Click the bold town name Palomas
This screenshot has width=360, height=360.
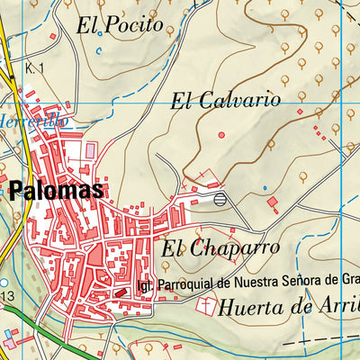click(58, 191)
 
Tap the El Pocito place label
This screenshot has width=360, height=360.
click(120, 26)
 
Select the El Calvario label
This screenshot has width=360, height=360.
click(226, 100)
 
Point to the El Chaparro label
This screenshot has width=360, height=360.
click(217, 246)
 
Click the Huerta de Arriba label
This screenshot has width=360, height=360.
click(289, 306)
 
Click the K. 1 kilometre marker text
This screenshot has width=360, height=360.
click(35, 68)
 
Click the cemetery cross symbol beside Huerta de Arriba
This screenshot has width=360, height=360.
click(206, 307)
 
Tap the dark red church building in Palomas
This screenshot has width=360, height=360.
click(121, 292)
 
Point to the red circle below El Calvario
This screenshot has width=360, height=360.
click(221, 135)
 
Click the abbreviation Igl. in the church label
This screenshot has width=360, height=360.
click(145, 285)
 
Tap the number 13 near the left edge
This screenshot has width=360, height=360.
click(8, 296)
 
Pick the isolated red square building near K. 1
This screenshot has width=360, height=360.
click(52, 36)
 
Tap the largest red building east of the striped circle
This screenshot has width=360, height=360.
click(273, 204)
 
